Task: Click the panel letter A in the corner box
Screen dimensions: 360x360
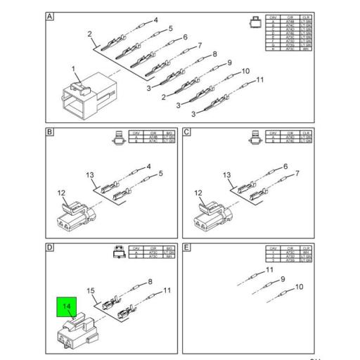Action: (x=50, y=17)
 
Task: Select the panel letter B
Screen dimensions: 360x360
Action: (x=50, y=132)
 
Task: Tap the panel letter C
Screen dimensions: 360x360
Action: (x=187, y=132)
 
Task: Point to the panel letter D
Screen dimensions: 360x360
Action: (x=50, y=248)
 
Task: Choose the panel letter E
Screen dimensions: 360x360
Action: (x=187, y=248)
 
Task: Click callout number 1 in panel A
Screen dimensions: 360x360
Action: (x=72, y=69)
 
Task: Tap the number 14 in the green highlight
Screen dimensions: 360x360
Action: (x=67, y=306)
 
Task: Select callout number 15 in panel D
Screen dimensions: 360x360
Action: (x=90, y=291)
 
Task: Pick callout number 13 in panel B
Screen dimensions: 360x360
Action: (x=90, y=175)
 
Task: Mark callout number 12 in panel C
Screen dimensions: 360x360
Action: (x=198, y=193)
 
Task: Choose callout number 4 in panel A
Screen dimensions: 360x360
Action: (x=155, y=20)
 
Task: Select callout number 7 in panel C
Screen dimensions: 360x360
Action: (x=297, y=173)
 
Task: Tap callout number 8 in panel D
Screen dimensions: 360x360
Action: (x=149, y=282)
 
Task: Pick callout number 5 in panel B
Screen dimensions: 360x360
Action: (x=160, y=173)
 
